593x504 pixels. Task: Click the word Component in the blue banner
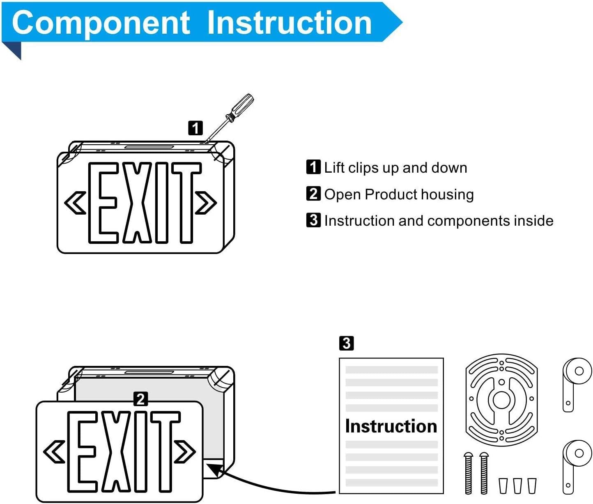[x=101, y=23]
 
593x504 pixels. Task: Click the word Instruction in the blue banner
[x=290, y=23]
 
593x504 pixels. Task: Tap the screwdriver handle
[x=242, y=106]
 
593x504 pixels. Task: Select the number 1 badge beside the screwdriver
[x=195, y=128]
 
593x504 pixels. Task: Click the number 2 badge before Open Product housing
[x=313, y=194]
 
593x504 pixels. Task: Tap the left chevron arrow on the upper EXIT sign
[x=75, y=203]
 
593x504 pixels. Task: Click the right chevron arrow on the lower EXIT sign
[x=185, y=451]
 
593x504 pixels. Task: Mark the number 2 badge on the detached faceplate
[x=141, y=399]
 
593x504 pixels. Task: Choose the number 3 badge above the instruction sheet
[x=346, y=343]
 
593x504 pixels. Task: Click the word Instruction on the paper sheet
[x=391, y=426]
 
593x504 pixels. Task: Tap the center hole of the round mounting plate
[x=501, y=400]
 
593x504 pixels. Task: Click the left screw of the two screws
[x=469, y=473]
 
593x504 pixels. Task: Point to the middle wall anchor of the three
[x=517, y=485]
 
